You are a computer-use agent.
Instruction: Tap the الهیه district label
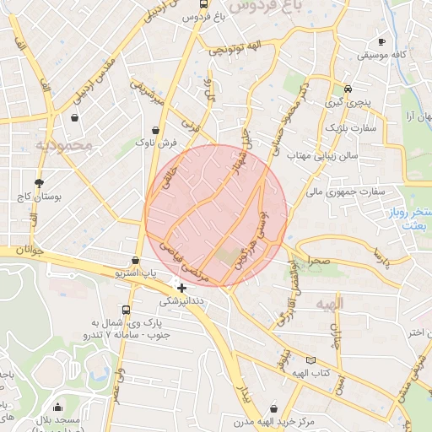coord(329,302)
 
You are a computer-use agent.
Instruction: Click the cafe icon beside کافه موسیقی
coord(382,41)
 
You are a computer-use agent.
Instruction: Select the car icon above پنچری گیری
coord(348,89)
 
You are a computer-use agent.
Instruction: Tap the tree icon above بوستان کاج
coord(39,182)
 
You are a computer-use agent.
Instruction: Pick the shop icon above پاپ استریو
coord(136,260)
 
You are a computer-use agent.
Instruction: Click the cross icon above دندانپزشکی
coord(181,288)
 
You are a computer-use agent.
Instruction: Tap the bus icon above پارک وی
coord(127,310)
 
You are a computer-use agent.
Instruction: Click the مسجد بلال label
coord(58,421)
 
